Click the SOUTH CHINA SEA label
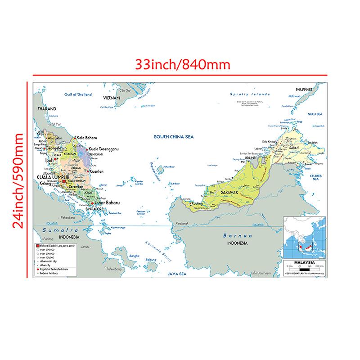(173, 137)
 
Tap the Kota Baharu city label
(88, 138)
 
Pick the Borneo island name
(235, 236)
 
